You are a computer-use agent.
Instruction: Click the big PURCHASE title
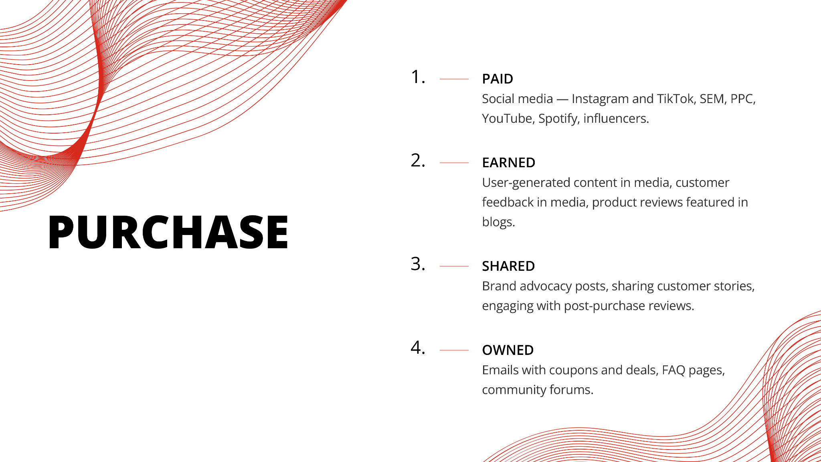pyautogui.click(x=168, y=232)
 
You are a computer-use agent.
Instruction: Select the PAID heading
pyautogui.click(x=497, y=79)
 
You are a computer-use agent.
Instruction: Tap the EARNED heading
pyautogui.click(x=509, y=163)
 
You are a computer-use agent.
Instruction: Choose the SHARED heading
pyautogui.click(x=508, y=266)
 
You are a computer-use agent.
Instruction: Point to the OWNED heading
pyautogui.click(x=508, y=350)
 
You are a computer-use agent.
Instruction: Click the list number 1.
pyautogui.click(x=418, y=77)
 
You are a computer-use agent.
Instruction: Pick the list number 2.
pyautogui.click(x=418, y=160)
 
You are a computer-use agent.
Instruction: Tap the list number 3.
pyautogui.click(x=418, y=264)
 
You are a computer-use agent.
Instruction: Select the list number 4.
pyautogui.click(x=418, y=348)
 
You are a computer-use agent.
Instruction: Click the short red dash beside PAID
pyautogui.click(x=454, y=79)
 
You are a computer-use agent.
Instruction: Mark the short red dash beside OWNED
pyautogui.click(x=454, y=350)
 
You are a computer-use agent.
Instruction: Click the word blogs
pyautogui.click(x=498, y=222)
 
